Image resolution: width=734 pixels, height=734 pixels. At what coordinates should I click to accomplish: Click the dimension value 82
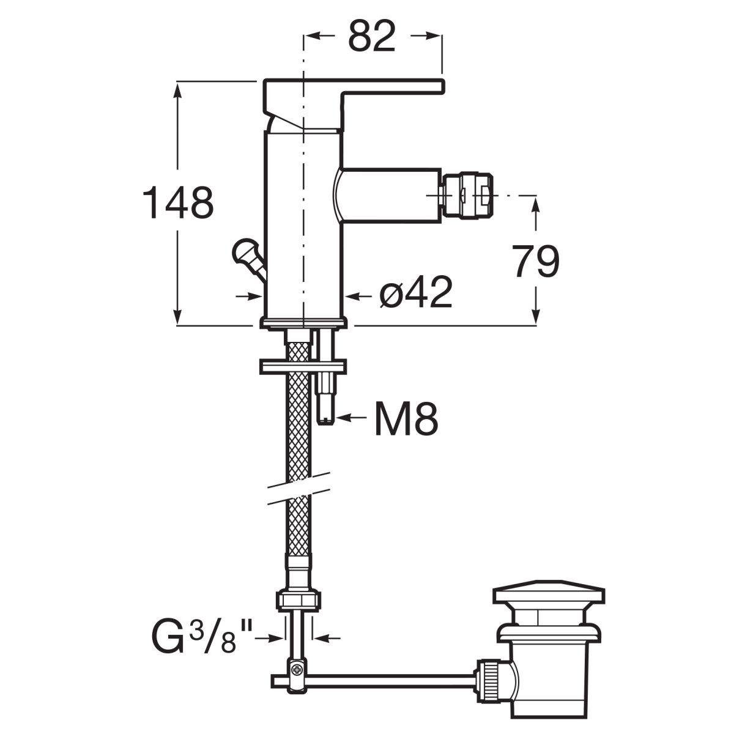(x=372, y=37)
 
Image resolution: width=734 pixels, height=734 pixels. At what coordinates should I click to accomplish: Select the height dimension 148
(x=178, y=202)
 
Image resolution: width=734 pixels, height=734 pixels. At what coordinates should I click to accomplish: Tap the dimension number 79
(x=535, y=261)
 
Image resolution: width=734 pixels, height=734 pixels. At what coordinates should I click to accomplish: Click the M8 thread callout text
(x=406, y=418)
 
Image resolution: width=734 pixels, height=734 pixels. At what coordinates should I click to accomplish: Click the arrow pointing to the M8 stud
(x=350, y=418)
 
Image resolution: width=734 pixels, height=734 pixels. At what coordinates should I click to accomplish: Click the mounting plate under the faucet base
(x=303, y=366)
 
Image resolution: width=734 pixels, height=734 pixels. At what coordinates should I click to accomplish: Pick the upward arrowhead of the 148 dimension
(x=177, y=90)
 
